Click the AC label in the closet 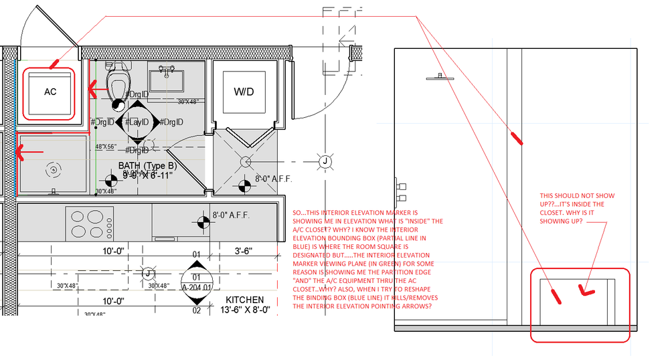pos(50,92)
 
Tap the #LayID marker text pos(138,122)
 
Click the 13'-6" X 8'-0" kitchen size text pos(248,310)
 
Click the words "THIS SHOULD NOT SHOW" pos(576,196)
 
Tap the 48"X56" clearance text pos(106,146)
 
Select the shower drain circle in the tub pos(52,170)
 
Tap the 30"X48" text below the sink pos(190,102)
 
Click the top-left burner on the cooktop pos(78,216)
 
